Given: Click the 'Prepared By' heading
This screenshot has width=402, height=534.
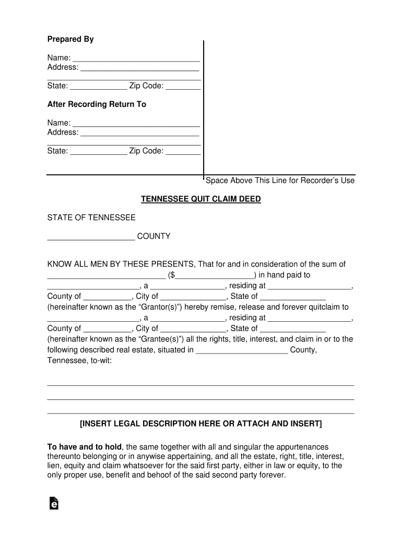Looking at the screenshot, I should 70,39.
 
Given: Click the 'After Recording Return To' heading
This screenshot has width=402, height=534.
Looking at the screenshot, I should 97,104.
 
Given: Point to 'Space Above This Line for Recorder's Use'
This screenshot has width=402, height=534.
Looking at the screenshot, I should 280,180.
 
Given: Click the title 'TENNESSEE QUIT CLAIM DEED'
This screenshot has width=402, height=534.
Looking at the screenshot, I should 201,199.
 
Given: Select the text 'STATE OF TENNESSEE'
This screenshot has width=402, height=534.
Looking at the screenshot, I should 91,217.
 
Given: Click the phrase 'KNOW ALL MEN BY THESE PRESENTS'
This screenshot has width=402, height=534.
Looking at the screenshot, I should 120,264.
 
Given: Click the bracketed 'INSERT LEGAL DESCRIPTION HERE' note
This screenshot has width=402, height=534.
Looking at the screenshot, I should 201,423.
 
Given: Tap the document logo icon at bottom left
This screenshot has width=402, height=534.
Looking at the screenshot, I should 53,503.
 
